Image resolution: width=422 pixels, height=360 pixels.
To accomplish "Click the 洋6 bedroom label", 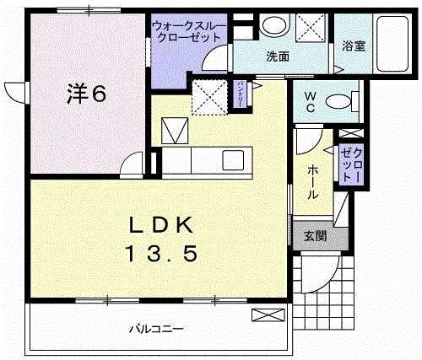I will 86,94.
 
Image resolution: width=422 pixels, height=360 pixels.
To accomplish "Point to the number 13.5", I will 163,252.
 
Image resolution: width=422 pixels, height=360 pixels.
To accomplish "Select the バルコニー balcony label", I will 157,329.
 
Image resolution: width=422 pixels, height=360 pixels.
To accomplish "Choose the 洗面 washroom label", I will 278,57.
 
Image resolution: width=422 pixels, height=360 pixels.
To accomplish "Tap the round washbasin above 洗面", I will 273,28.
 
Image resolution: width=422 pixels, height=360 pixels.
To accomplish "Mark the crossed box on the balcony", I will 263,315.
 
